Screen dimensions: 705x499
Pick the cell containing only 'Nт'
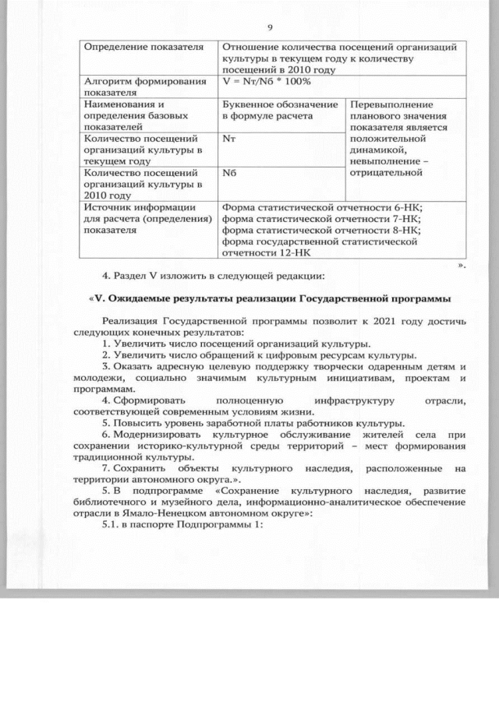[228, 139]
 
